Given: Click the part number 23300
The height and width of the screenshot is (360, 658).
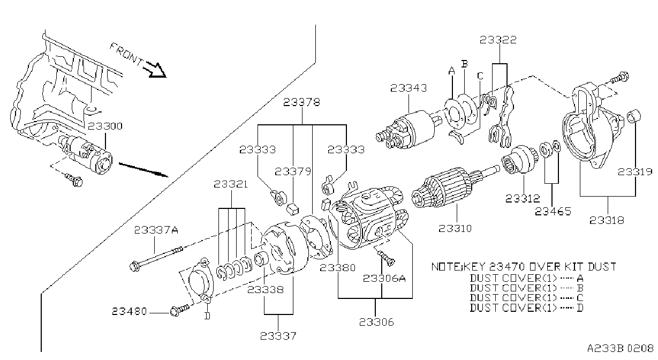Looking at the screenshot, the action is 105,126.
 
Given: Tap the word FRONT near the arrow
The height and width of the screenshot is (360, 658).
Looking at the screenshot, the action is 126,54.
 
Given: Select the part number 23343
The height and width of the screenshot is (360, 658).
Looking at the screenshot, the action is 409,88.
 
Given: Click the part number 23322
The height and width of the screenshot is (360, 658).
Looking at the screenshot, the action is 498,40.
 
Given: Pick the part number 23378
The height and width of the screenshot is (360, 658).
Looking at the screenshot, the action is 301,102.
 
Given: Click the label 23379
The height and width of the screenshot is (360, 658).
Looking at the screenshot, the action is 293,171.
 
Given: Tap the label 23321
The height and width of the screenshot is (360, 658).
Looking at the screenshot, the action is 231,185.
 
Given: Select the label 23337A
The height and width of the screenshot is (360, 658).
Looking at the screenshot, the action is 156,230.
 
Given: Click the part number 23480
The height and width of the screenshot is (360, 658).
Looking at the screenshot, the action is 129,311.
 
